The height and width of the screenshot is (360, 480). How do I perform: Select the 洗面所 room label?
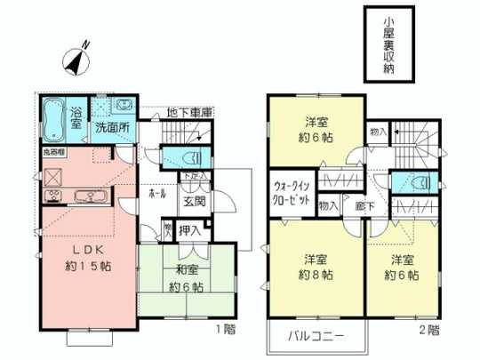(x=113, y=126)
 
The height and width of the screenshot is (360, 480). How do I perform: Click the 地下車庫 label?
(x=189, y=113)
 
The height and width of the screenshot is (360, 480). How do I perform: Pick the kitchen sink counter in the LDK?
(x=85, y=196)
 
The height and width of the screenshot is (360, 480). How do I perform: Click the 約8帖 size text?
(x=313, y=275)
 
